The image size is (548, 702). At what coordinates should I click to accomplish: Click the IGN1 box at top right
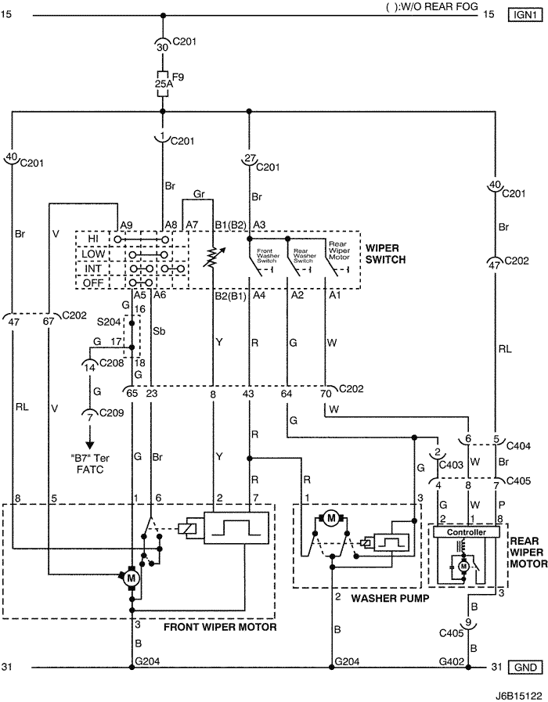coord(520,14)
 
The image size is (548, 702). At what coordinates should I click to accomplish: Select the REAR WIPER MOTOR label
coord(527,552)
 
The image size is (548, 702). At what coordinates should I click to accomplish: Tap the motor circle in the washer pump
coord(331,518)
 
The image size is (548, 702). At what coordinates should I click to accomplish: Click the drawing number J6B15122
coord(516,693)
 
